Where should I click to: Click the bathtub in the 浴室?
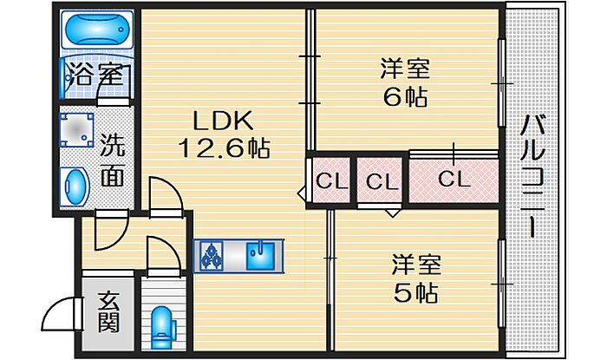point(97,30)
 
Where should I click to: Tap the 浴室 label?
point(98,75)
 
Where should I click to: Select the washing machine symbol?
point(76,129)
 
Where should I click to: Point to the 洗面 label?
point(112,160)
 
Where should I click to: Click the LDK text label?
point(224,121)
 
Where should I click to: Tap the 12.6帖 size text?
point(224,148)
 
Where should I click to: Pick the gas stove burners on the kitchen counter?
point(212,256)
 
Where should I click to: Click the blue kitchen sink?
point(260,256)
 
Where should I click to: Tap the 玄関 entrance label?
point(108,312)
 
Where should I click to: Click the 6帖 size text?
point(405,97)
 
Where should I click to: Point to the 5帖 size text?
point(415,293)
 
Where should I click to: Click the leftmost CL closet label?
point(332,181)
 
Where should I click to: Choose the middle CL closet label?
point(382,181)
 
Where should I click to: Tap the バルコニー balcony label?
point(533,176)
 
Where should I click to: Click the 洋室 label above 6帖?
point(405,69)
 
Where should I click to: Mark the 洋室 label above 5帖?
point(416,265)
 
